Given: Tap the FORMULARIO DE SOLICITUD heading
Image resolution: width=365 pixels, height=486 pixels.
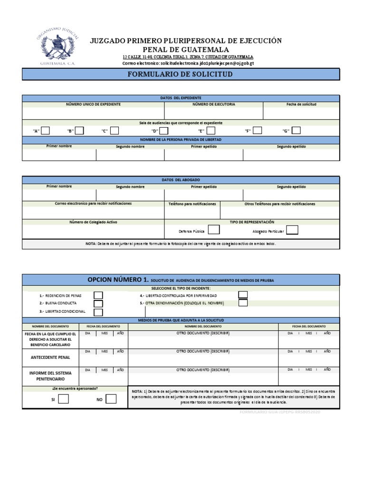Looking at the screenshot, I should pos(181,75).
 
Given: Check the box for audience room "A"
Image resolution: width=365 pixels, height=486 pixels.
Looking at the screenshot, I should pos(46,131).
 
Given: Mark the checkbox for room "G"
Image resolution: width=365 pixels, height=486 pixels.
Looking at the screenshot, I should pos(296,131).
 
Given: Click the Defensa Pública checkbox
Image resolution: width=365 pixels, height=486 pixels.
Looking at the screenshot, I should pos(214,230).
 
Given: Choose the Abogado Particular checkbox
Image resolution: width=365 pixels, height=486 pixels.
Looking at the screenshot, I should pos(292,230).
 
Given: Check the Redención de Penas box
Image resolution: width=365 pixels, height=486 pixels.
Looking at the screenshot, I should pos(98,295).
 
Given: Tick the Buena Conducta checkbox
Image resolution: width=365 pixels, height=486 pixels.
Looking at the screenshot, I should pos(98,303).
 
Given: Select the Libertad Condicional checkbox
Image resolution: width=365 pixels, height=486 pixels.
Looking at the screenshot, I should pos(98,312).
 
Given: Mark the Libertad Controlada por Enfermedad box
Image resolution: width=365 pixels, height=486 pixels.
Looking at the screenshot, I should pos(243,295).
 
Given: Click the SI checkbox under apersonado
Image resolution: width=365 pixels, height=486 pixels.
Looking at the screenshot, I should pos(63,399).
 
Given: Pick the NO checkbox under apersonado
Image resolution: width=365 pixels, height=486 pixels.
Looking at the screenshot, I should pos(111,399).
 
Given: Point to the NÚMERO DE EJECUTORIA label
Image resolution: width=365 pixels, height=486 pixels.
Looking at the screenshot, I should pos(213,104).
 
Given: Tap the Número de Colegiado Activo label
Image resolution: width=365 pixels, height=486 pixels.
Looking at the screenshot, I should pos(93,222).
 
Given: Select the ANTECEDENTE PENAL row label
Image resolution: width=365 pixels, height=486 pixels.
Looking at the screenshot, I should pos(51,357).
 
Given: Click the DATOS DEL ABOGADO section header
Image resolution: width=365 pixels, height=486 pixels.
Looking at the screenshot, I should pos(181,179).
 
